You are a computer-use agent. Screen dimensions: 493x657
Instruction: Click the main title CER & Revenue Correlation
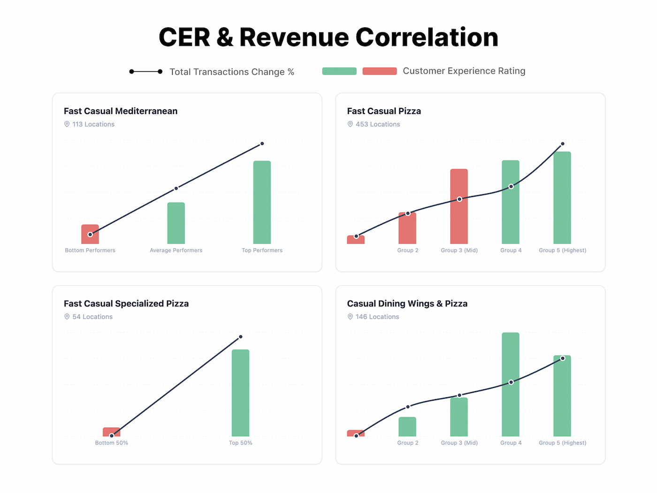pyautogui.click(x=328, y=37)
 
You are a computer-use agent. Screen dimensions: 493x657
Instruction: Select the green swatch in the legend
pyautogui.click(x=339, y=71)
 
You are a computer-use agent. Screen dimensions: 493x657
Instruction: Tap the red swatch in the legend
pyautogui.click(x=379, y=71)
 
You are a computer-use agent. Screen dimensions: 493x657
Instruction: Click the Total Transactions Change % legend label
pyautogui.click(x=231, y=72)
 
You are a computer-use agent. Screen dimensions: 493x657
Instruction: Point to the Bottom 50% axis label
pyautogui.click(x=111, y=443)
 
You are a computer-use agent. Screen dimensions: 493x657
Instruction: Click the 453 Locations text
pyautogui.click(x=377, y=124)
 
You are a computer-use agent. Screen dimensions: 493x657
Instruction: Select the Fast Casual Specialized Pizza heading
pyautogui.click(x=126, y=303)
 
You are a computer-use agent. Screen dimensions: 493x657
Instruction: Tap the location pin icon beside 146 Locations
pyautogui.click(x=350, y=317)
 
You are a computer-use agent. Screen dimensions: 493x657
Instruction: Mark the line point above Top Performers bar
pyautogui.click(x=262, y=144)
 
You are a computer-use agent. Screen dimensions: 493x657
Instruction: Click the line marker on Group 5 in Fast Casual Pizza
pyautogui.click(x=562, y=144)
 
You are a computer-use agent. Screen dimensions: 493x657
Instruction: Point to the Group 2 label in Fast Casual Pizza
pyautogui.click(x=407, y=250)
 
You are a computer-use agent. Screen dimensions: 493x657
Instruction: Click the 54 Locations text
pyautogui.click(x=92, y=317)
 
